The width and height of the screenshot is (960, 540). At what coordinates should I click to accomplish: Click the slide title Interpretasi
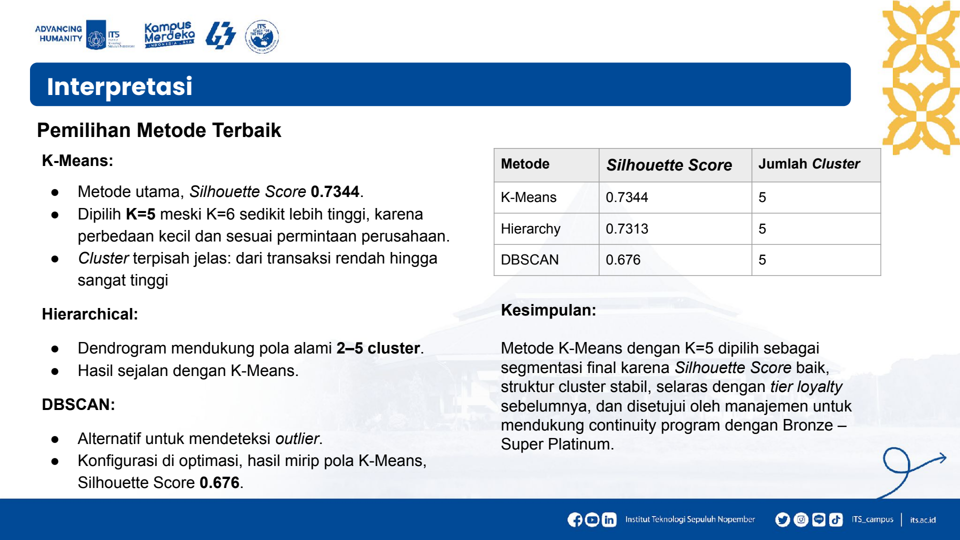click(119, 86)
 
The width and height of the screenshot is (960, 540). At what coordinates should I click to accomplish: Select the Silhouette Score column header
click(669, 165)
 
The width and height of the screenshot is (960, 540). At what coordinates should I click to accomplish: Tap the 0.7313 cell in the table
click(627, 229)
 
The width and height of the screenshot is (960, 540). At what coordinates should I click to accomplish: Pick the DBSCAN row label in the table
click(530, 260)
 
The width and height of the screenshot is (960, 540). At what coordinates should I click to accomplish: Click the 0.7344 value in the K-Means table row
click(627, 197)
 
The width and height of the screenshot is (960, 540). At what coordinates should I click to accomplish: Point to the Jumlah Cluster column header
click(809, 164)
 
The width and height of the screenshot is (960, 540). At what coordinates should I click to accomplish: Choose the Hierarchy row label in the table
click(530, 229)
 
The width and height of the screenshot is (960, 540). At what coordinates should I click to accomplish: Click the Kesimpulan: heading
click(548, 310)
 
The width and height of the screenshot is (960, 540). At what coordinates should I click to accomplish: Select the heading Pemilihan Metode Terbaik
click(159, 130)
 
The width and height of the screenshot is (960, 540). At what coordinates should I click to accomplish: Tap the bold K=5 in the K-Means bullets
click(140, 214)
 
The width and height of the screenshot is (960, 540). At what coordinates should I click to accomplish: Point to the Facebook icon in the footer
click(575, 520)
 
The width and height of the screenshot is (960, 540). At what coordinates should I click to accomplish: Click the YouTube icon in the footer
click(592, 520)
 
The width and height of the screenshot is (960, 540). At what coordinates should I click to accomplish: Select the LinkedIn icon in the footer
click(609, 520)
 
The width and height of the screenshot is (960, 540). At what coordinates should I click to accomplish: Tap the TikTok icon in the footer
click(836, 520)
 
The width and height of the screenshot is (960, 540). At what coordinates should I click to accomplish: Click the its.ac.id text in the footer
click(922, 520)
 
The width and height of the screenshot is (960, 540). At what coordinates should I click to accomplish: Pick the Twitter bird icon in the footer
click(782, 520)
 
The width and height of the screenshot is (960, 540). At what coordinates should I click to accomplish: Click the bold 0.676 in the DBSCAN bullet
click(219, 482)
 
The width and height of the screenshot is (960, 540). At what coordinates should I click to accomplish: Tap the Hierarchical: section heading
click(90, 314)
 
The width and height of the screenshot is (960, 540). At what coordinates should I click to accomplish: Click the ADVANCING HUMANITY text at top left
click(59, 33)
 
